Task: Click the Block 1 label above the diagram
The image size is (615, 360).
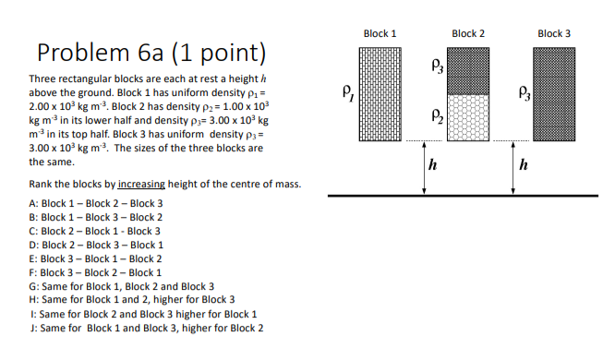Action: coord(380,33)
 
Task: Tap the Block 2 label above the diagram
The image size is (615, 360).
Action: coord(468,33)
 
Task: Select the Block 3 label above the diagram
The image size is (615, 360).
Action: coord(554,33)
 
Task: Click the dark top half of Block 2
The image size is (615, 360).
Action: coord(468,69)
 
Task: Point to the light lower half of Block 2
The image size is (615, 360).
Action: coord(468,117)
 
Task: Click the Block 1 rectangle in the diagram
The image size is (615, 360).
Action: coord(380,93)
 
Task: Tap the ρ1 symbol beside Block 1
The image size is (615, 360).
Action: coord(347,91)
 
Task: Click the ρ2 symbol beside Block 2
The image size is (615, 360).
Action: coord(435,115)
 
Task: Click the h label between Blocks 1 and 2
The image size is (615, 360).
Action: coord(432,166)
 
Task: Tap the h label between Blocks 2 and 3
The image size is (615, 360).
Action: coord(524,166)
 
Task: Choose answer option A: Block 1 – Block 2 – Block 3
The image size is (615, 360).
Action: coord(96,203)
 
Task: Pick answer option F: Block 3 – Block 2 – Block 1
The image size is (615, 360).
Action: coord(96,272)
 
